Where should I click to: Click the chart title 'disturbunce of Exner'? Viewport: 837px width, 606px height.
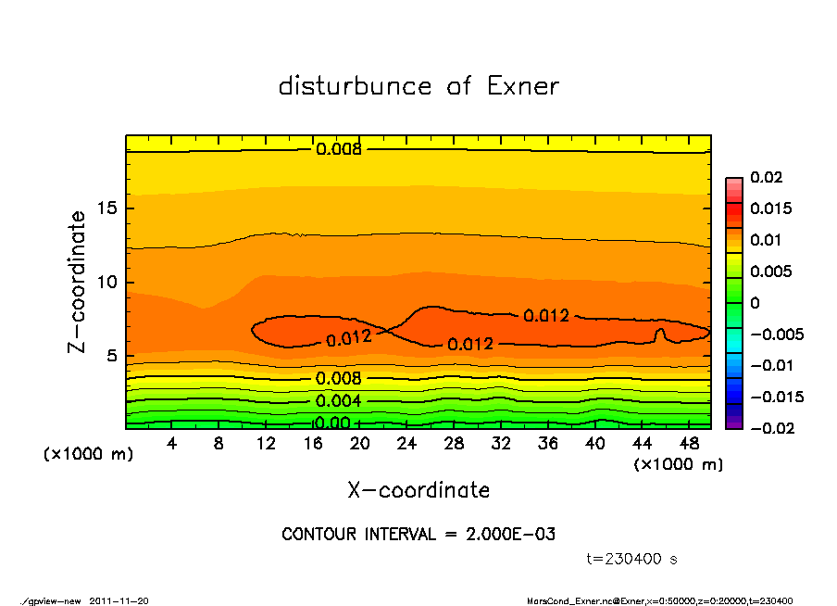pos(418,86)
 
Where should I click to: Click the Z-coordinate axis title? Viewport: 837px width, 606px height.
pos(78,281)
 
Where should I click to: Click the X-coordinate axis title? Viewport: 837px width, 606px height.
pos(418,489)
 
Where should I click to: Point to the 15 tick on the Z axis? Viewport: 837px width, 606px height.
pos(106,208)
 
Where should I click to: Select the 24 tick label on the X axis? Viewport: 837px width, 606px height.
pos(406,444)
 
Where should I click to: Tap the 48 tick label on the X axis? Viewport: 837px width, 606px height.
pos(688,444)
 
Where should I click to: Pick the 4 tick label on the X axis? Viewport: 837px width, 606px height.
pos(172,444)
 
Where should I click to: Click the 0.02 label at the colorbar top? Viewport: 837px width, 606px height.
pos(766,177)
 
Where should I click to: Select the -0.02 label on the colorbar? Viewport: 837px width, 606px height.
pos(768,428)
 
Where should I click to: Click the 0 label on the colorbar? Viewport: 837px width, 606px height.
pos(754,303)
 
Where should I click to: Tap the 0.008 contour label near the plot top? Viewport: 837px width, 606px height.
pos(339,148)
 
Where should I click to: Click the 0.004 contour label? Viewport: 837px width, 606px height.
pos(339,401)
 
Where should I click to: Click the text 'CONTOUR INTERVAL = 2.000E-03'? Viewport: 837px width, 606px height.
pos(418,535)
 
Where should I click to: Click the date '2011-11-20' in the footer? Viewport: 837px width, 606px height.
pos(119,600)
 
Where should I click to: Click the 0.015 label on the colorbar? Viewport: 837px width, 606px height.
pos(770,208)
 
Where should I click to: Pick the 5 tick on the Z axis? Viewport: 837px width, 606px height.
pos(112,356)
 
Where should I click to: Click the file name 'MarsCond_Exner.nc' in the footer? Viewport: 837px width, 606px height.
pos(565,600)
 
